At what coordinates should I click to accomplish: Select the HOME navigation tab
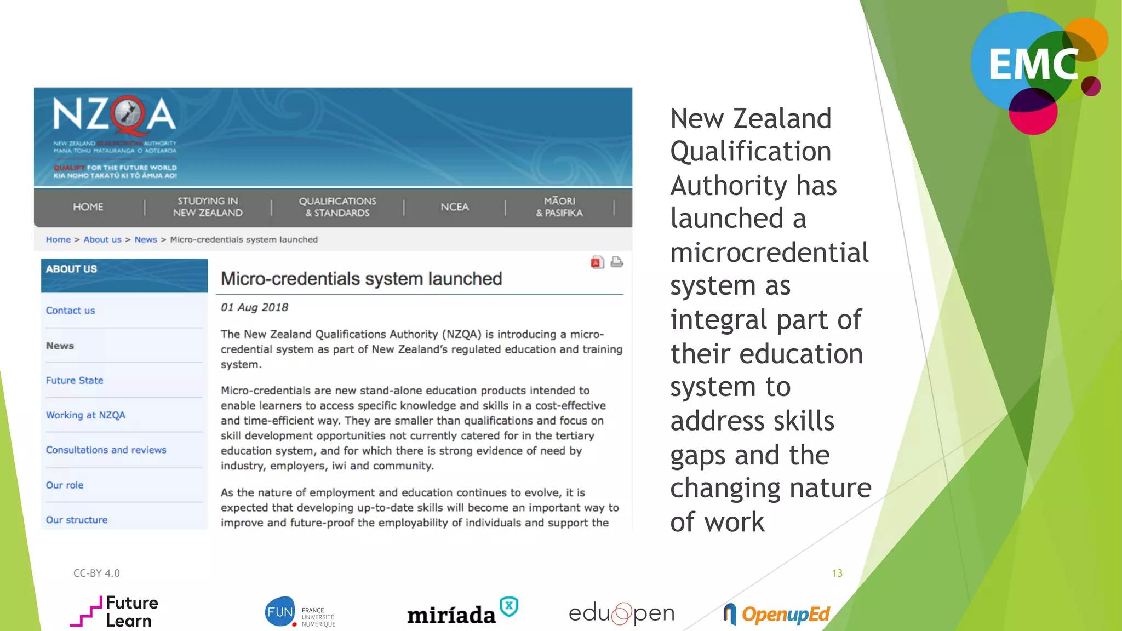click(88, 207)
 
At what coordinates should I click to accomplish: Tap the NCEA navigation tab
click(455, 207)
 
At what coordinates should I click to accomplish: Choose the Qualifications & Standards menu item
click(337, 207)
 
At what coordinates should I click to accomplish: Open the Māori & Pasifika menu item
click(559, 207)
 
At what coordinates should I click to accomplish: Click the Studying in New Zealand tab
click(208, 207)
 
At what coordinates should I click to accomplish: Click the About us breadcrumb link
click(102, 239)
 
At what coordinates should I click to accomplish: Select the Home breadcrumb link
click(58, 239)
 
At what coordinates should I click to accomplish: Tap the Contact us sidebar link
click(70, 311)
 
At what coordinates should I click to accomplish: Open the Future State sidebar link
click(75, 380)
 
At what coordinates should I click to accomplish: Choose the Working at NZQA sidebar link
click(85, 415)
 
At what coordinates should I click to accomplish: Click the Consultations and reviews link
click(106, 450)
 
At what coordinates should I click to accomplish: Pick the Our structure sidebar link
click(77, 520)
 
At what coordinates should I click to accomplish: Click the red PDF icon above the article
click(597, 262)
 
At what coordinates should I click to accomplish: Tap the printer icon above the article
click(617, 262)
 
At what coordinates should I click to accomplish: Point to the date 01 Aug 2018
click(254, 307)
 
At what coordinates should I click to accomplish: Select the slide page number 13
click(837, 573)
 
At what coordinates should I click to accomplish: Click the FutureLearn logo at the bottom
click(115, 611)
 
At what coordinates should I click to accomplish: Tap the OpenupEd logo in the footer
click(777, 614)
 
